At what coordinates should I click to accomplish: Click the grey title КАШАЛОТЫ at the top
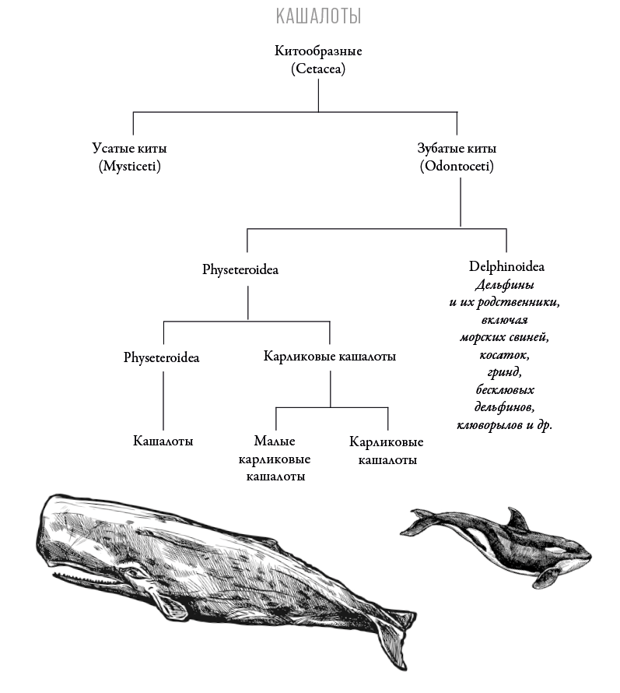(318, 16)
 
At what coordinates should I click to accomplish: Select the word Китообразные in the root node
(318, 51)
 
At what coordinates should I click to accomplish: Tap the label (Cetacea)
(318, 69)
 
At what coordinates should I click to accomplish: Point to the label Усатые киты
(129, 148)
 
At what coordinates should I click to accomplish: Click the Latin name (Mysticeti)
(130, 166)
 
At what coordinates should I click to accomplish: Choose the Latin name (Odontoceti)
(457, 166)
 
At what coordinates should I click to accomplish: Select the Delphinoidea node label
(506, 266)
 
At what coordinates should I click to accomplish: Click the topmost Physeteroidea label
(240, 270)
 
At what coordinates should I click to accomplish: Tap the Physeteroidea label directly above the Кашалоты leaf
(162, 358)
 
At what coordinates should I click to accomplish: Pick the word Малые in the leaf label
(275, 441)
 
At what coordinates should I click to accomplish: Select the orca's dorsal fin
(514, 517)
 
